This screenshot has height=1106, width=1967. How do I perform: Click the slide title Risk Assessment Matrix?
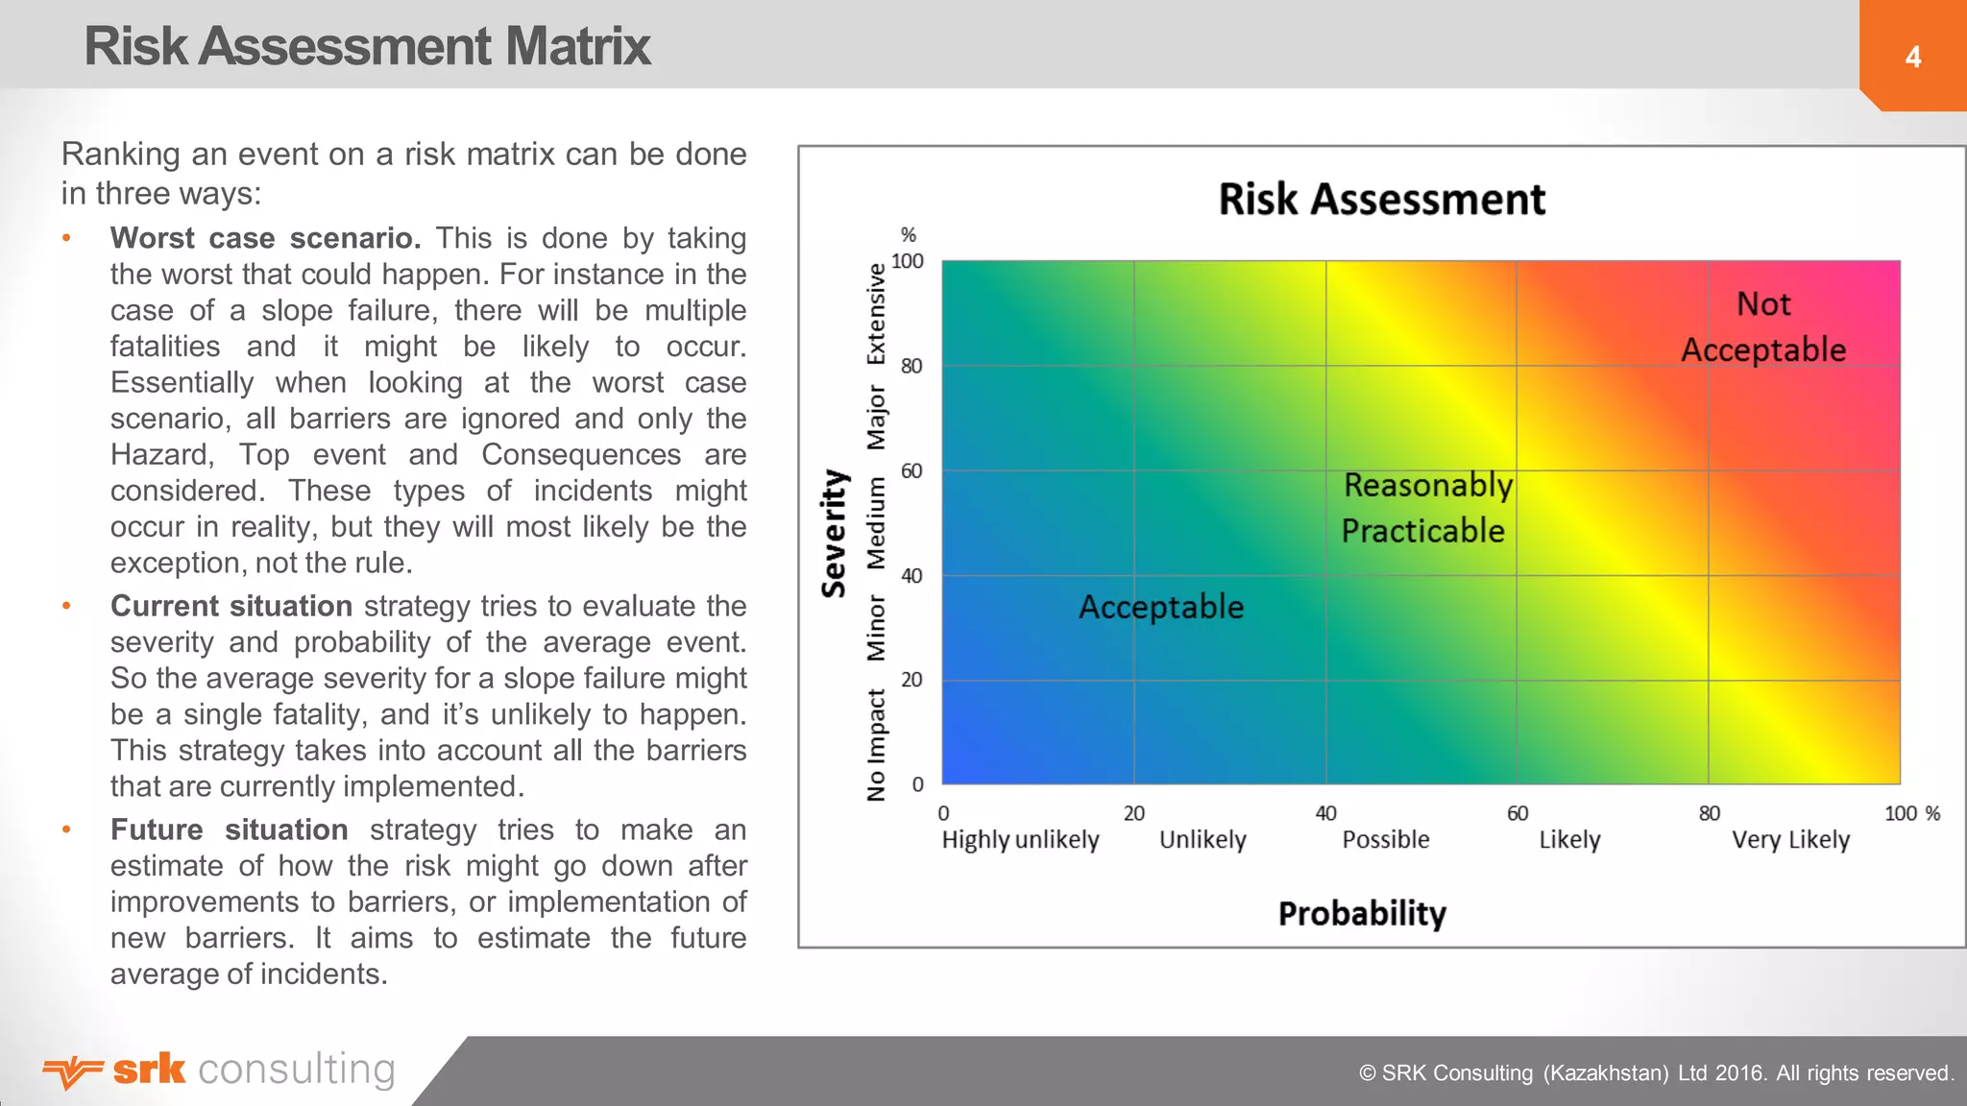(367, 46)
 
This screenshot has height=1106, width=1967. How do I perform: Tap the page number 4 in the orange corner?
(1912, 58)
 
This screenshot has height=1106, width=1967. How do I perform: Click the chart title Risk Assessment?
(1381, 200)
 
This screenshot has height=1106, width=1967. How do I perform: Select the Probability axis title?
(1361, 913)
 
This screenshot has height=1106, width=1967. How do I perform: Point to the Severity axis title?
(834, 534)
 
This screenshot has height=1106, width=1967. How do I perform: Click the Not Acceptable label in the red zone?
(1763, 326)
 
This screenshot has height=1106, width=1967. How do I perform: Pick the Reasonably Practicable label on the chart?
(1426, 508)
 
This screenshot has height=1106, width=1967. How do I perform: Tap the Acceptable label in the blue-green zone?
(1160, 607)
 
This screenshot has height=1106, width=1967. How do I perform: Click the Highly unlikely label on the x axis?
(1020, 840)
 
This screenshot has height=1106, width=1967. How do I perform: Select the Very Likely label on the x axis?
(1790, 840)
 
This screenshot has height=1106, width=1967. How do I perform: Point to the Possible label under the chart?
(1385, 840)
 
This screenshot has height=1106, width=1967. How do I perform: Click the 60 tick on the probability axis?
(1517, 813)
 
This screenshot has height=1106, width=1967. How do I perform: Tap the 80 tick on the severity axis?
(911, 366)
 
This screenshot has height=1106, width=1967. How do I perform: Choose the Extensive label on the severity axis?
(876, 314)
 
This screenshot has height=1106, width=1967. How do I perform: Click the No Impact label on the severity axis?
(876, 745)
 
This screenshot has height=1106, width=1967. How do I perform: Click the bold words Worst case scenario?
(265, 238)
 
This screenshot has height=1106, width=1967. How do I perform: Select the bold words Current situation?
(231, 606)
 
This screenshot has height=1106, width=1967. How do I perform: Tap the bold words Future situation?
(229, 829)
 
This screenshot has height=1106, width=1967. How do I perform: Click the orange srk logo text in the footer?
(149, 1069)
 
